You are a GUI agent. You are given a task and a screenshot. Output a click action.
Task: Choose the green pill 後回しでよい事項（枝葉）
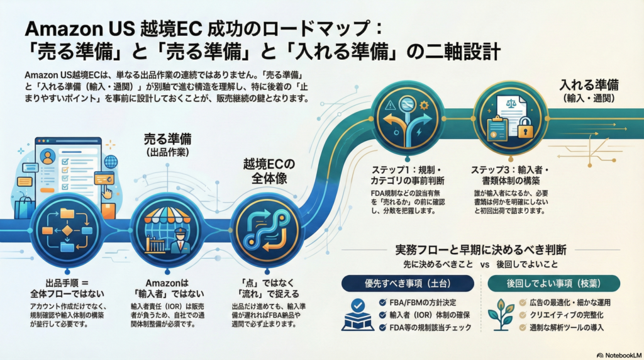pos(554,283)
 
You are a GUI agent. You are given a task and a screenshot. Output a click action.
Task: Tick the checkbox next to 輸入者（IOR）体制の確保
pos(383,315)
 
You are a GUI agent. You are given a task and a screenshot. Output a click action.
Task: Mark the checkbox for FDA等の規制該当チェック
pos(383,328)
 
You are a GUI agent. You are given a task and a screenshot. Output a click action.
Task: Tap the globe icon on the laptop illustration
pos(111,162)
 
